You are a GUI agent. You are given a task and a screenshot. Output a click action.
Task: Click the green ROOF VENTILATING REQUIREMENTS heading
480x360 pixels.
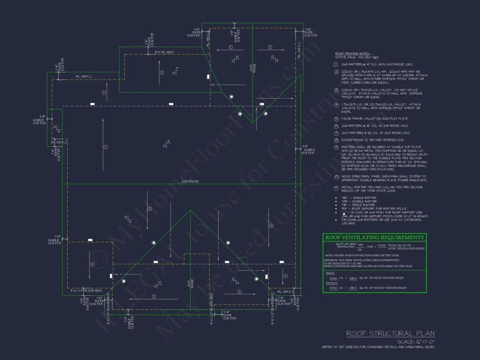pyautogui.click(x=374, y=237)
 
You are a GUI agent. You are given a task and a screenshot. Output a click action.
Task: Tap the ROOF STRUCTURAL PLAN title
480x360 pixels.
pyautogui.click(x=391, y=334)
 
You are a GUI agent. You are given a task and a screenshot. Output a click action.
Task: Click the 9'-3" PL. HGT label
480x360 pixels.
pyautogui.click(x=164, y=52)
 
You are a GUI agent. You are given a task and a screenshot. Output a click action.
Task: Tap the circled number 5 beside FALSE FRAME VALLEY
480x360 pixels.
pyautogui.click(x=336, y=119)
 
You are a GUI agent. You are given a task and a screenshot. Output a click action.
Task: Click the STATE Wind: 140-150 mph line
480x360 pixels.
pyautogui.click(x=351, y=57)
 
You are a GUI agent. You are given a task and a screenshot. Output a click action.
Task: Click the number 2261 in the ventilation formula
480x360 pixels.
pyautogui.click(x=360, y=245)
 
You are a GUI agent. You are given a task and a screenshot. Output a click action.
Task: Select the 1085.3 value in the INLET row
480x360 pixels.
pyautogui.click(x=352, y=278)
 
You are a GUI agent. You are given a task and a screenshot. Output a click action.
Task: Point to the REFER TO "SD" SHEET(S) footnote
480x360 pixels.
pyautogui.click(x=378, y=347)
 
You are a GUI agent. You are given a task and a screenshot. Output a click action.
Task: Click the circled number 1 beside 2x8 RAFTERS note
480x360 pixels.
pyautogui.click(x=336, y=64)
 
